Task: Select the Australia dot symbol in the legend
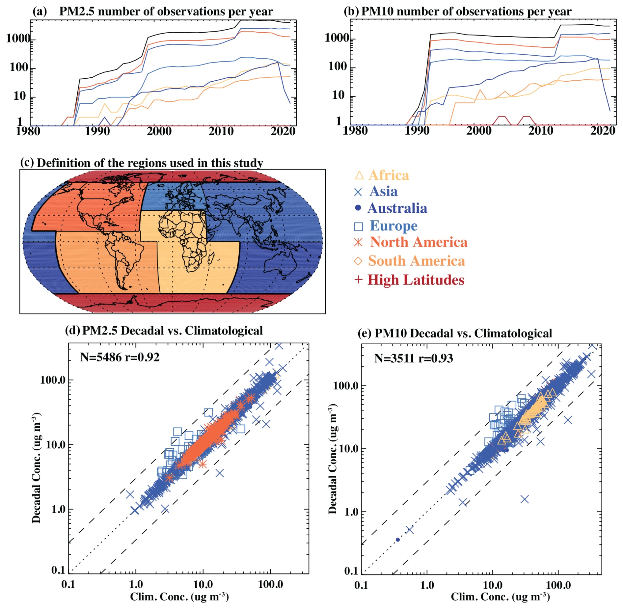click(358, 208)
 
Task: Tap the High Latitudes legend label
click(416, 280)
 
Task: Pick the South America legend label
click(416, 261)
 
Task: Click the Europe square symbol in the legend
click(358, 226)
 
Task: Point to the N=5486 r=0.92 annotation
click(120, 357)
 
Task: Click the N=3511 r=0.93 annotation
click(414, 358)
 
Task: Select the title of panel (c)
click(142, 163)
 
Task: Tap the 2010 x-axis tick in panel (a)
click(221, 131)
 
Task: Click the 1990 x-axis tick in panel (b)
click(417, 131)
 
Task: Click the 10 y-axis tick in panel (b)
click(339, 95)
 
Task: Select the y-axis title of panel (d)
click(36, 467)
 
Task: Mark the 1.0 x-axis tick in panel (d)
click(136, 584)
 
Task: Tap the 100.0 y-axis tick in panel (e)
click(346, 386)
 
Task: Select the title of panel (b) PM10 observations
click(458, 11)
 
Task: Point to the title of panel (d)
click(164, 331)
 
